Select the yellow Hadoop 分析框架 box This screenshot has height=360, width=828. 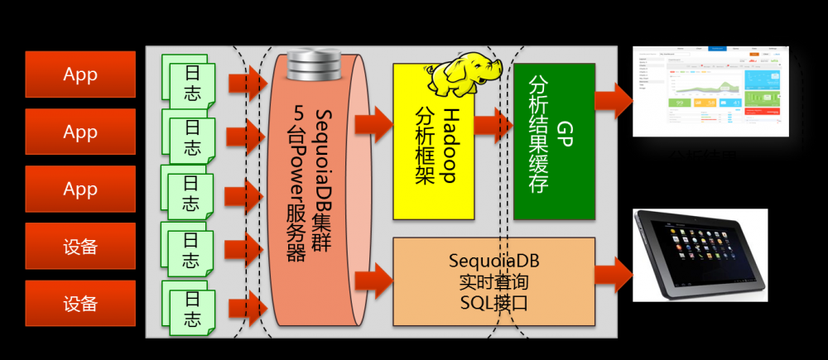pos(434,157)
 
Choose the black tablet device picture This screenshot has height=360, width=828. pos(700,254)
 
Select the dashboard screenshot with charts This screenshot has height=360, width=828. pos(710,90)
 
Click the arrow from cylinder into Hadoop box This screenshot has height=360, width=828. pos(373,124)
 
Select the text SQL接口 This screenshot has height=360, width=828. pos(493,303)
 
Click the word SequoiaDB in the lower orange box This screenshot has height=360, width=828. pos(493,261)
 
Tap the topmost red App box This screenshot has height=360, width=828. pos(80,74)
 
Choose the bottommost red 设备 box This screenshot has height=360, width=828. pos(80,303)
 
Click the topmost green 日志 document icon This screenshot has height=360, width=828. pos(190,84)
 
